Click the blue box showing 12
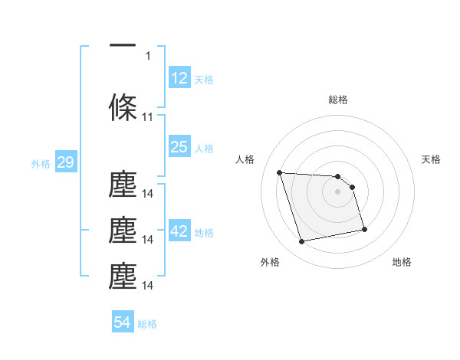pos(179,78)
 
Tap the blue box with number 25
pos(179,147)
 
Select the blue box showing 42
pos(179,231)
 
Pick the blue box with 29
pos(65,162)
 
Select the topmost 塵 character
pos(123,185)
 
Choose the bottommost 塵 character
pos(123,277)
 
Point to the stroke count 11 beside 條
pos(148,117)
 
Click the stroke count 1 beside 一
pos(148,55)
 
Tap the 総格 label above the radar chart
pos(338,100)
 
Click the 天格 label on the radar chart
pos(432,159)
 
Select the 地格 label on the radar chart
pos(402,262)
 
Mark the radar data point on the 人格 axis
pos(279,172)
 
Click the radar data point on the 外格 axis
pos(302,242)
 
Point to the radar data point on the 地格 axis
pos(364,229)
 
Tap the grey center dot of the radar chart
pos(338,191)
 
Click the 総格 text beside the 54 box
pos(147,323)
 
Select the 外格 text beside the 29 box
pos(40,163)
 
